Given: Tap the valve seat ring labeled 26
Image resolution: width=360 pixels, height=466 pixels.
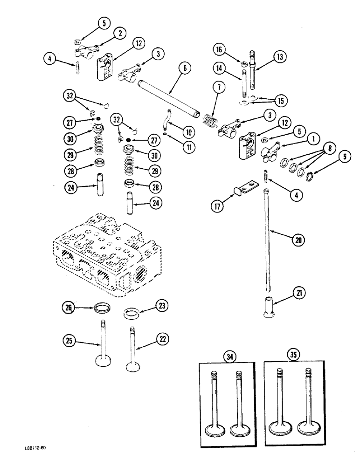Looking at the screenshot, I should coord(102,308).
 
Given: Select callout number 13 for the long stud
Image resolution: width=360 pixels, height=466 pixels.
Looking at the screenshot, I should coord(280,58).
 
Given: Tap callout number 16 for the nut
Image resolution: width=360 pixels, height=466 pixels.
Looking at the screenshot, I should coord(220,49).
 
